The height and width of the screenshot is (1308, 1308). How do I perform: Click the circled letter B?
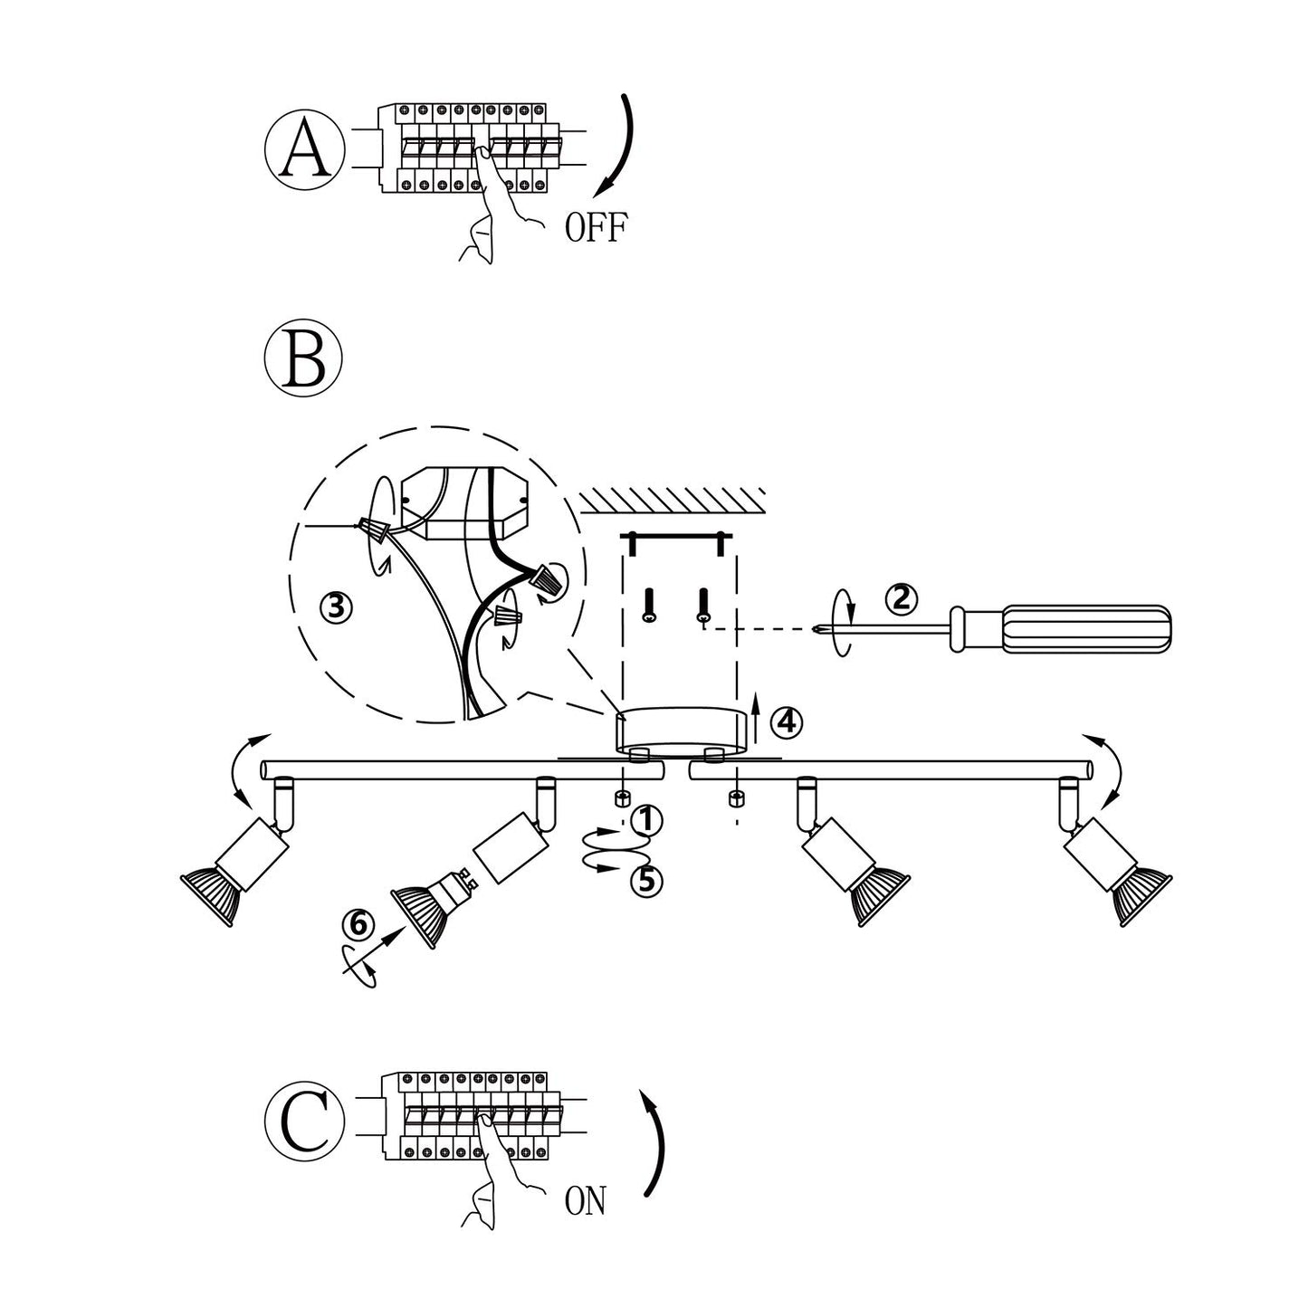[x=304, y=358]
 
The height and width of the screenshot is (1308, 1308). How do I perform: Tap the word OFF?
[x=596, y=227]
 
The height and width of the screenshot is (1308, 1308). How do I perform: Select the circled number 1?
[x=646, y=820]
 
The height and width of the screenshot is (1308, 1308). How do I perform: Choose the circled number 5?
[x=646, y=881]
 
